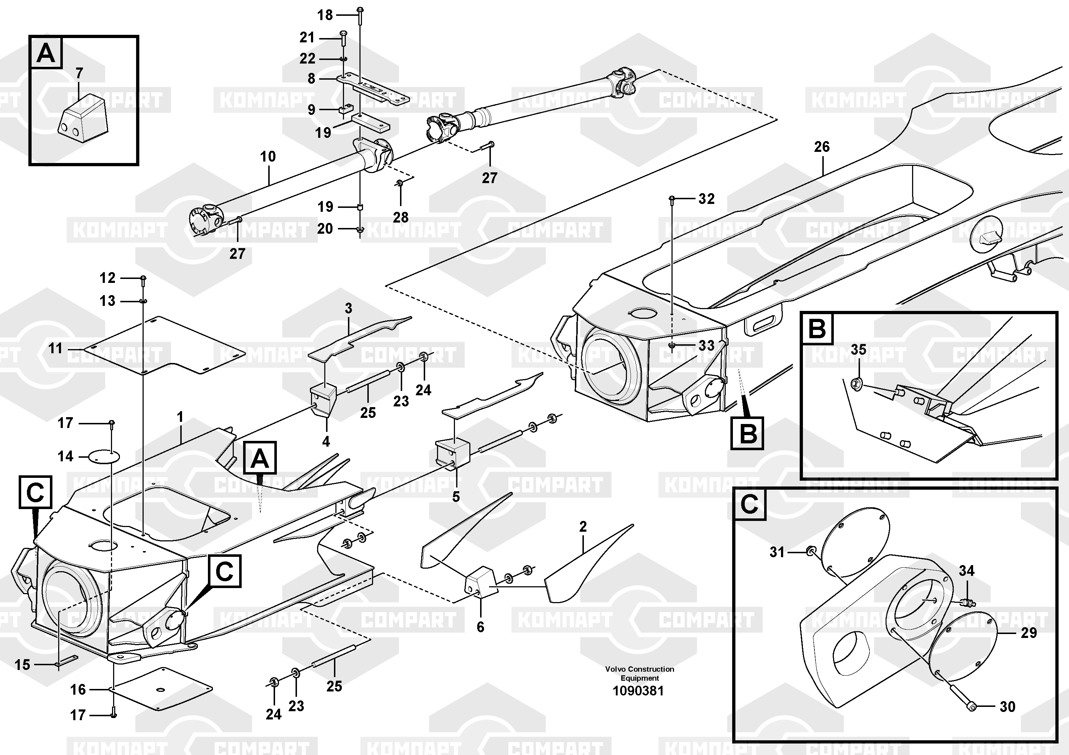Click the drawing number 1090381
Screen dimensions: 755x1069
pos(638,691)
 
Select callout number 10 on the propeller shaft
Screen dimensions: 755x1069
pos(268,157)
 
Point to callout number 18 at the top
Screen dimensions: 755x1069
pos(325,15)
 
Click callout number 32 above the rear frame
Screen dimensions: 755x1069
pos(706,199)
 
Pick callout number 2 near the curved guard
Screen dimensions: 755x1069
pos(583,527)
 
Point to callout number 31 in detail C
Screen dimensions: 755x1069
pos(777,552)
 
